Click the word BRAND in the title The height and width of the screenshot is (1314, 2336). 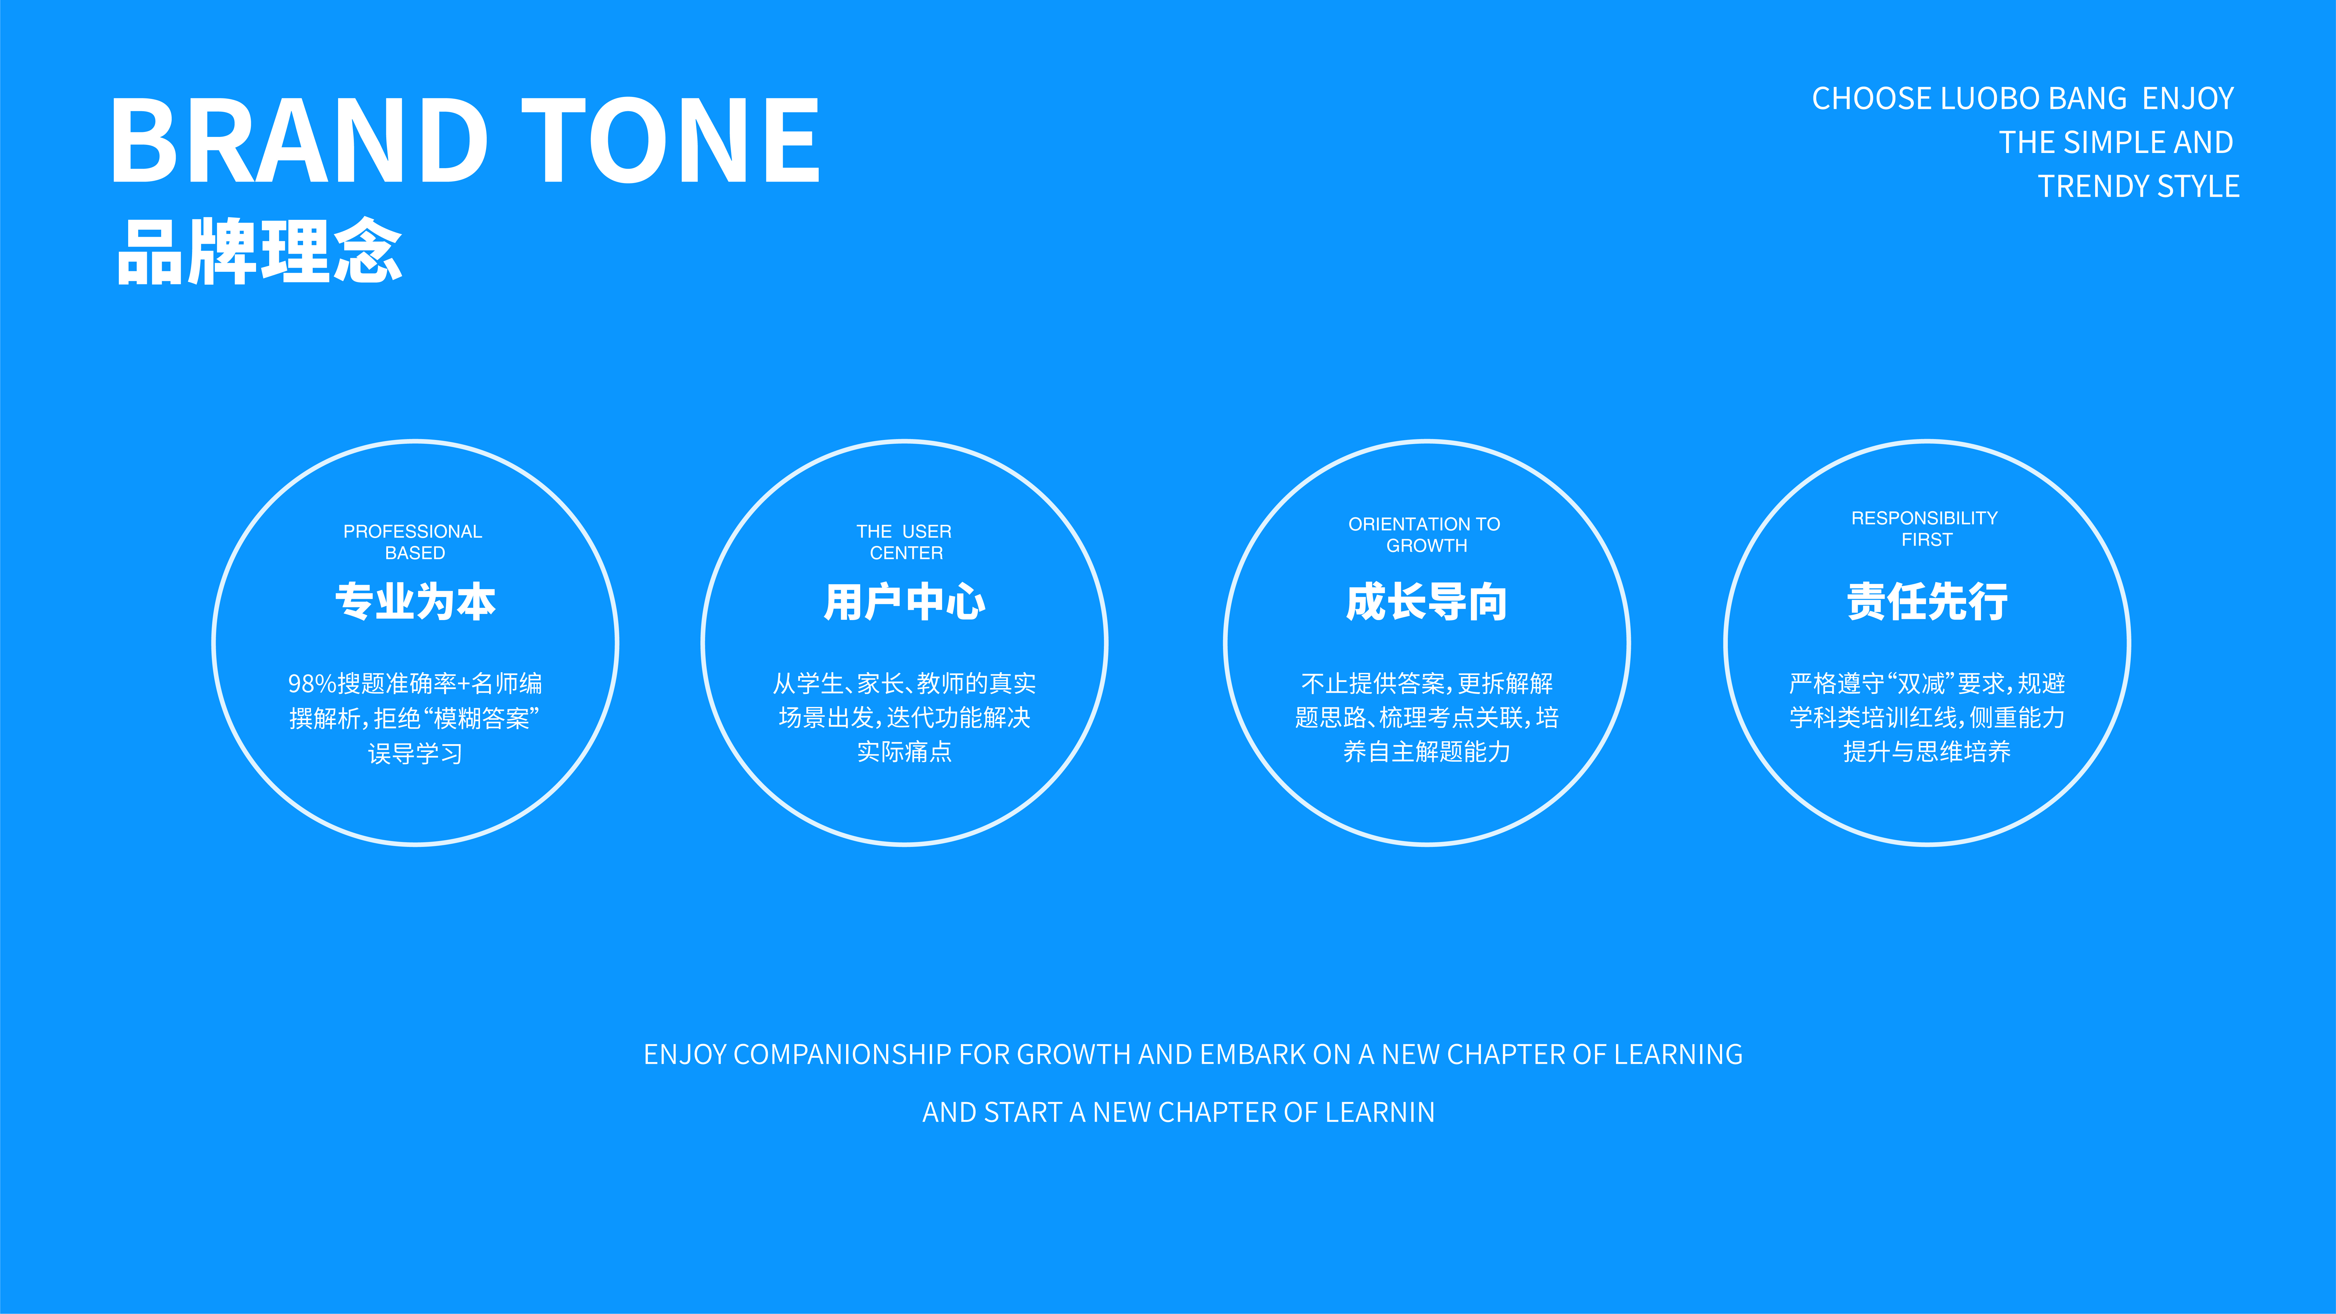(299, 140)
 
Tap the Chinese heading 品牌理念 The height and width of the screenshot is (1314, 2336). (259, 251)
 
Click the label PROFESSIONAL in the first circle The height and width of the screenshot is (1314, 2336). (413, 531)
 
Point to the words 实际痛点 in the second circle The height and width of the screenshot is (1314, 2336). (904, 752)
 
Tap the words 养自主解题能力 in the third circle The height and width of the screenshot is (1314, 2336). (1427, 752)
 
